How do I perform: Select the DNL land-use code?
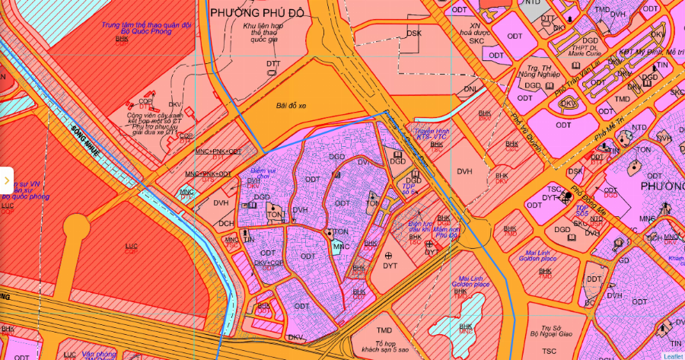coord(470,89)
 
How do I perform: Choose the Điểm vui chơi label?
coord(260,175)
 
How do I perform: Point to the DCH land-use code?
coord(226,224)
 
